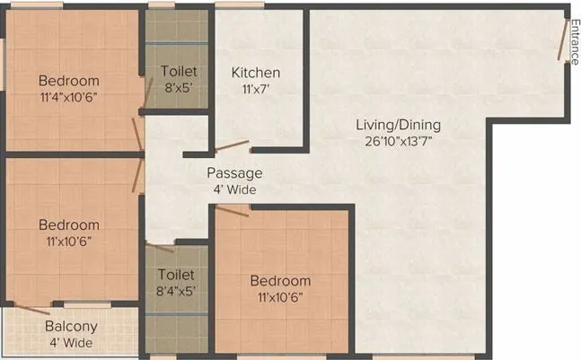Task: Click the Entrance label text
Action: (x=573, y=38)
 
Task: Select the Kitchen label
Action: (x=256, y=73)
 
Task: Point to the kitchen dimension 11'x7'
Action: (x=256, y=90)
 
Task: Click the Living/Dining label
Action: (x=397, y=125)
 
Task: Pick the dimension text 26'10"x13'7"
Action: (x=397, y=142)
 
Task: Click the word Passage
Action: (x=234, y=173)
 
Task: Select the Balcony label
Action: (x=71, y=327)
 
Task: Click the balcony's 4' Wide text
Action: (x=71, y=343)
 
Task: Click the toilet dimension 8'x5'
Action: (x=179, y=88)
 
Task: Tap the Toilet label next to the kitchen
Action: (x=179, y=71)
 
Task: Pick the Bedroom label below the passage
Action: (x=280, y=281)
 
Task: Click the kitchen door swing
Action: (x=231, y=146)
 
